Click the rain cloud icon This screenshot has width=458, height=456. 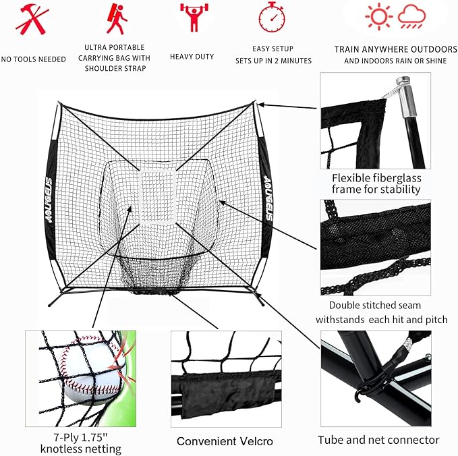point(411,16)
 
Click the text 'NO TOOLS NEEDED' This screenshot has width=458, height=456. point(33,59)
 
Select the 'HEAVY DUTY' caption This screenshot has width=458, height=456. point(192,57)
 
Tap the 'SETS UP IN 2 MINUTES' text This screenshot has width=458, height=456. point(273,61)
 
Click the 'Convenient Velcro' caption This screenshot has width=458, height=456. point(225,441)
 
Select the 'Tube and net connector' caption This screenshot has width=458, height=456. point(378,440)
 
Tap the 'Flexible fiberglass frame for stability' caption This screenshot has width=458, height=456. point(376,183)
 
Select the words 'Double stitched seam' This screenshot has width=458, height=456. point(364,305)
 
